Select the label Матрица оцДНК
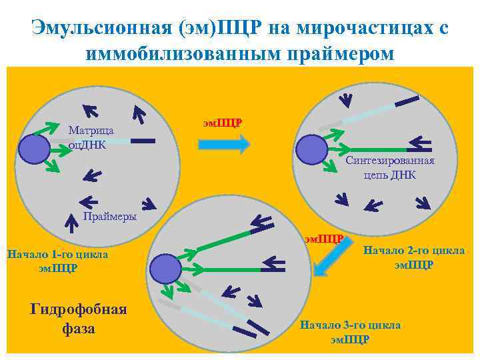(x=91, y=137)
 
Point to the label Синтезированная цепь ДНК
(x=390, y=167)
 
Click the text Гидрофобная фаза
(x=78, y=319)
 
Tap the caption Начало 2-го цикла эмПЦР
(x=414, y=257)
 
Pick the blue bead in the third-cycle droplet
(x=165, y=268)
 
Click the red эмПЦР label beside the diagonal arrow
(x=323, y=238)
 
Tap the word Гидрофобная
(x=78, y=309)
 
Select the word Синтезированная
(x=390, y=161)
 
